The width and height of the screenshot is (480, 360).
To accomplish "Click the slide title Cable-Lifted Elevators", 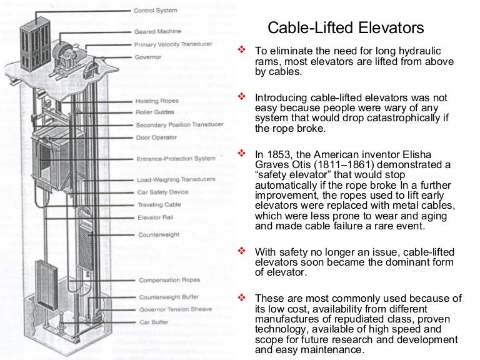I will (x=346, y=28).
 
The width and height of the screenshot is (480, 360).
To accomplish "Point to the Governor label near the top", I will (x=147, y=57).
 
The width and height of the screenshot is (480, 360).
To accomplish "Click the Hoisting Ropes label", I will (x=157, y=101).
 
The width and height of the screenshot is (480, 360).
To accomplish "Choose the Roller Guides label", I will (x=156, y=112).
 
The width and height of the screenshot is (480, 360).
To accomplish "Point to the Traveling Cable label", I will (x=159, y=205).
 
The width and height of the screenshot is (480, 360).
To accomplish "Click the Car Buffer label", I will (x=152, y=322).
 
